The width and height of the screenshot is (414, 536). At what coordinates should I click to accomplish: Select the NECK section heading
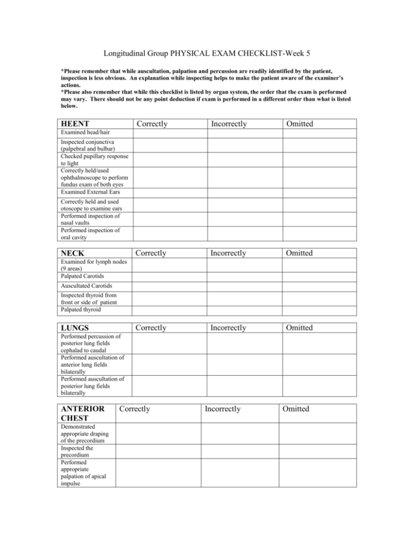73,253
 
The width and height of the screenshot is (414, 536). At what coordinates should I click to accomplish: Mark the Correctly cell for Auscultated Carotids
170,286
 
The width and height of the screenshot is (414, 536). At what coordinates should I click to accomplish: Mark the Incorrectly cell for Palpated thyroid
245,311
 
